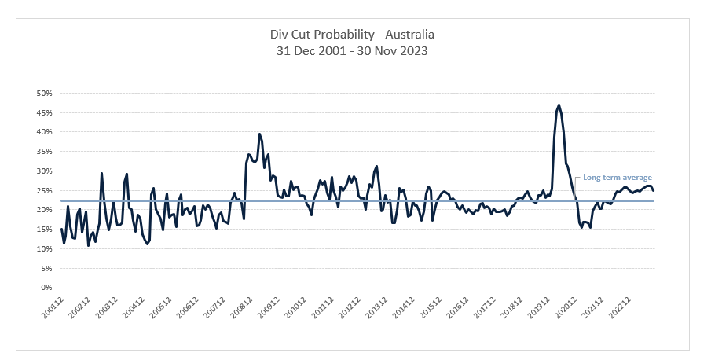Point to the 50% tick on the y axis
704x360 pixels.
click(43, 93)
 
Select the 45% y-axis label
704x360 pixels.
click(43, 112)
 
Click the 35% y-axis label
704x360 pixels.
click(43, 151)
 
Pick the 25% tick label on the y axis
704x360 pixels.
click(43, 190)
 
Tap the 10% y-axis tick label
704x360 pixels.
click(43, 248)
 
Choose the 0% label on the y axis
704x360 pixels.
click(46, 288)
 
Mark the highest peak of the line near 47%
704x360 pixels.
click(559, 105)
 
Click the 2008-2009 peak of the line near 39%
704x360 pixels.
click(259, 134)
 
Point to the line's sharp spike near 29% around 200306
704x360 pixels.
click(101, 173)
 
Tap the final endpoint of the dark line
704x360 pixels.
click(654, 190)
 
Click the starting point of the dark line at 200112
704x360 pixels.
click(61, 229)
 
